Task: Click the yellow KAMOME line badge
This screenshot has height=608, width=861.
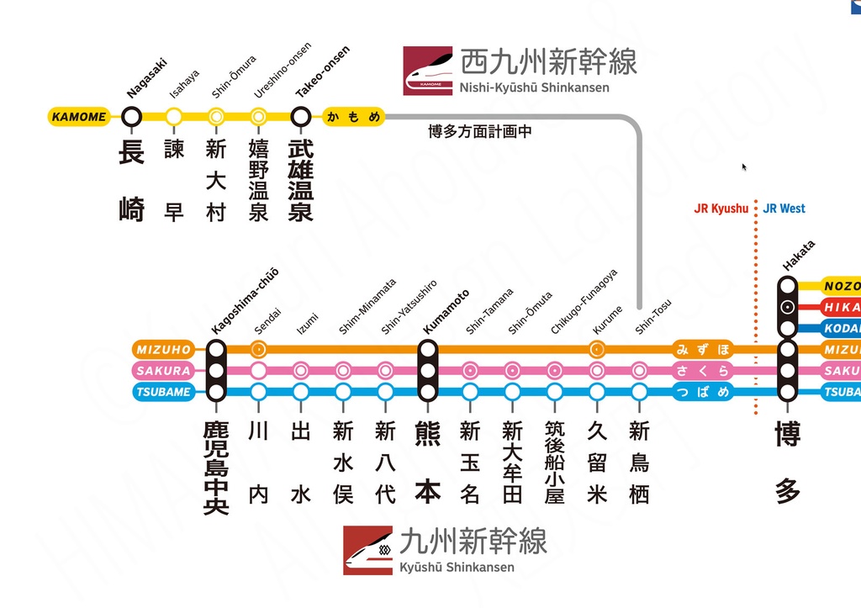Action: point(79,117)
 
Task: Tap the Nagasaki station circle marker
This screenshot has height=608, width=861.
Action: point(131,117)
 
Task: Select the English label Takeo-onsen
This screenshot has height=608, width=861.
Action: point(323,72)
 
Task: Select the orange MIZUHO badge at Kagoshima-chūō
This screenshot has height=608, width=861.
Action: point(163,349)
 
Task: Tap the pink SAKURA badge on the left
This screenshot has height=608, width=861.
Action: point(163,370)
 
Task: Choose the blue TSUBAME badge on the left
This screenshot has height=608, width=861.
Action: point(163,392)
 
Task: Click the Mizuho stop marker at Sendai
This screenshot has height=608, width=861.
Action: point(259,349)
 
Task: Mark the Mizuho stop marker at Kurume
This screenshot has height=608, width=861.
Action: point(597,349)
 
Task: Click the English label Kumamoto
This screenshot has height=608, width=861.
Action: point(446,311)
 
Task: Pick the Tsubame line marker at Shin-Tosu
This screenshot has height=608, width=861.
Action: point(639,392)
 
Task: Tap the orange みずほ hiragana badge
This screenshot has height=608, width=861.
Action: point(703,349)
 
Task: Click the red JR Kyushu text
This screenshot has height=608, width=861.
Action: point(721,209)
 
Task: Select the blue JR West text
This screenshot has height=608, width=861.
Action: point(784,209)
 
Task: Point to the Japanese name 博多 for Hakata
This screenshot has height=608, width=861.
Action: point(788,463)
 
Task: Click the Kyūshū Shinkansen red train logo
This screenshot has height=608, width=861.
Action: point(367,551)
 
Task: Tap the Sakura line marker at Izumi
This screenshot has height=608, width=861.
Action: point(301,370)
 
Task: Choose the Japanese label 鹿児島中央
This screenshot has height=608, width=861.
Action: point(216,467)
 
